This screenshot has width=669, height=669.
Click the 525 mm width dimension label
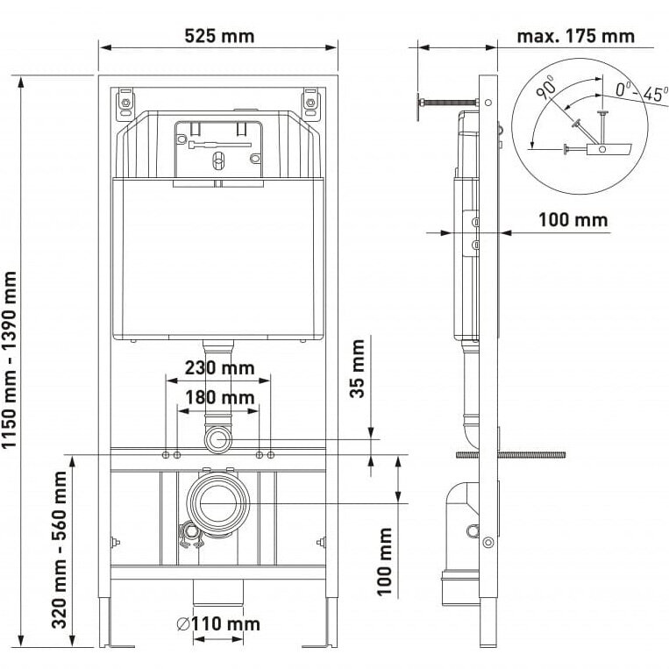pyautogui.click(x=219, y=36)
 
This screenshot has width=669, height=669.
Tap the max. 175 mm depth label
pyautogui.click(x=575, y=36)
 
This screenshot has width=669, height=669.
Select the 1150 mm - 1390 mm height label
pyautogui.click(x=9, y=359)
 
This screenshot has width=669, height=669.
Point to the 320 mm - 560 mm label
pyautogui.click(x=60, y=550)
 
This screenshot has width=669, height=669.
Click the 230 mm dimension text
pyautogui.click(x=219, y=367)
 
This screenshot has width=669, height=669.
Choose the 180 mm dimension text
pyautogui.click(x=220, y=398)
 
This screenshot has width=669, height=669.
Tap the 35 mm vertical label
pyautogui.click(x=357, y=368)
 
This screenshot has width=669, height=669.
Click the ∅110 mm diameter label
pyautogui.click(x=218, y=624)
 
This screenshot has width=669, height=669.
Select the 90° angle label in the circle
pyautogui.click(x=545, y=88)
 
